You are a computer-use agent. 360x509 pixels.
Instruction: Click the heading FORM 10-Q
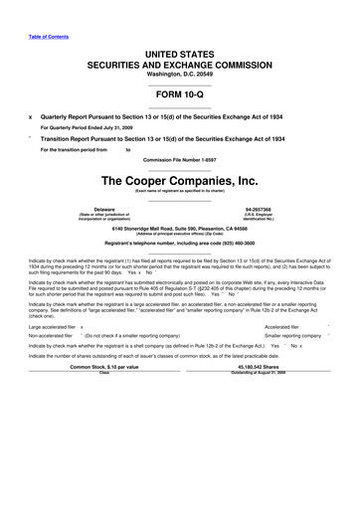[180, 88]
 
